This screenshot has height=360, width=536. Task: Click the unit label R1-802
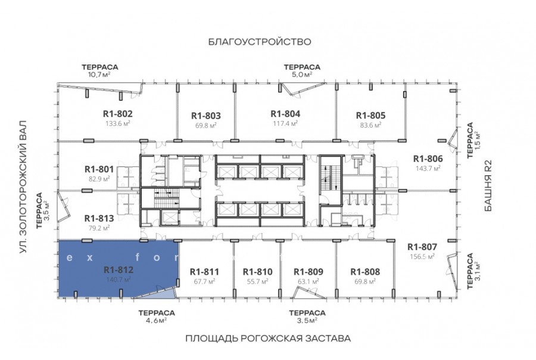tap(117, 114)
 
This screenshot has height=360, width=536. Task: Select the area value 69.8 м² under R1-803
tap(206, 126)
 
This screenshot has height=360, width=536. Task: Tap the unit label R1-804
tap(285, 114)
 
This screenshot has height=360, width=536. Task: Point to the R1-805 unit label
tap(370, 115)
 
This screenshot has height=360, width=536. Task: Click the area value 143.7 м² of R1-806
tap(428, 168)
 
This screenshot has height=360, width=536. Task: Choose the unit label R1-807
tap(422, 247)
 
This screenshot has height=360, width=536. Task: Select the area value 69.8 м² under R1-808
tap(365, 282)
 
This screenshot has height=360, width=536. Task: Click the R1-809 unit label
tap(308, 272)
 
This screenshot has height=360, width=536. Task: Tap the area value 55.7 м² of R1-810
tap(257, 282)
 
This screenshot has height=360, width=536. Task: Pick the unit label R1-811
tap(204, 272)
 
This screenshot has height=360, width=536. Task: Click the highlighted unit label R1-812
tap(119, 270)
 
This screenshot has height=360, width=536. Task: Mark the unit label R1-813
tap(99, 218)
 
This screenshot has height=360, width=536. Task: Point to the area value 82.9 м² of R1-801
tap(99, 179)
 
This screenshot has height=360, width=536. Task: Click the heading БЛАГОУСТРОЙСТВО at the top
tap(260, 42)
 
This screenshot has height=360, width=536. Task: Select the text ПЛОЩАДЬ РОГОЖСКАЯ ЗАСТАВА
tap(269, 339)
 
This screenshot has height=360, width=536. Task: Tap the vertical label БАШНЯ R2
tap(488, 185)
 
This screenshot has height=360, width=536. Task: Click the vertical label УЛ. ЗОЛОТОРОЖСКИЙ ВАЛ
tap(23, 187)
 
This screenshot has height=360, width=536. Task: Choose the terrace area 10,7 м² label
tap(99, 75)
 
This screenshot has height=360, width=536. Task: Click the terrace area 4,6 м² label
tap(157, 321)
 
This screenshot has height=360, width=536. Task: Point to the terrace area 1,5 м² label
tap(477, 140)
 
